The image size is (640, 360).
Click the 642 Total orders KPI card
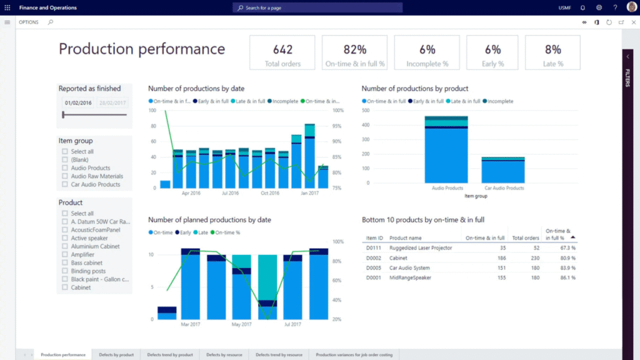click(x=282, y=52)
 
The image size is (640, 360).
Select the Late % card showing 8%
click(x=552, y=52)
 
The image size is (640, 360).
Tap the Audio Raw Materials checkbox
click(x=65, y=176)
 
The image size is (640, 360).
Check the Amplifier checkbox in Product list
click(x=65, y=254)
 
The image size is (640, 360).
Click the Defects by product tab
click(x=116, y=355)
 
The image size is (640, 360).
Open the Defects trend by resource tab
click(x=279, y=355)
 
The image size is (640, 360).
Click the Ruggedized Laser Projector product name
click(x=420, y=248)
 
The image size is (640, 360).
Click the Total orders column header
click(x=525, y=237)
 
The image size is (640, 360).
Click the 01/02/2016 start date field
click(x=78, y=103)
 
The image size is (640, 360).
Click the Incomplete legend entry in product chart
click(x=500, y=101)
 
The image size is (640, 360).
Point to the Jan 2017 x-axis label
click(x=310, y=193)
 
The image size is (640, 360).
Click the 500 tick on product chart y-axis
click(x=366, y=111)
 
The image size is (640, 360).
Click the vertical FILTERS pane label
click(x=627, y=78)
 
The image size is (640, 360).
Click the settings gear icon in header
click(x=599, y=7)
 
